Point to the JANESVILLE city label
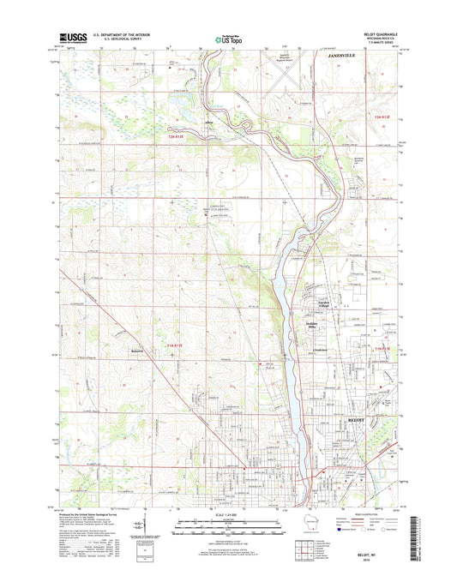tap(343, 53)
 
